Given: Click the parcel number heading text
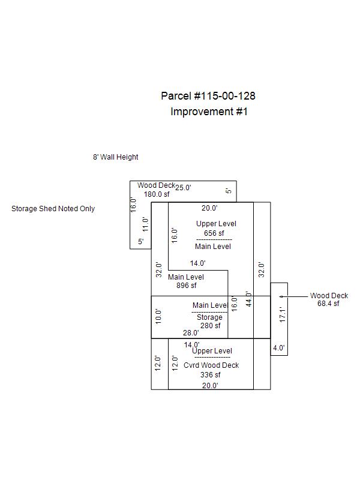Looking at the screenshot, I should pos(203,96).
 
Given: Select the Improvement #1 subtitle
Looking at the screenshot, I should pos(209,112).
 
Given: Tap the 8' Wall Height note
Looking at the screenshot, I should pos(115,157).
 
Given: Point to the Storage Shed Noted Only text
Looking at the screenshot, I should pos(53,209).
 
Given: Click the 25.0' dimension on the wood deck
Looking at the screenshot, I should pos(183,188).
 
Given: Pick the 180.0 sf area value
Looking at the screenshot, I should pos(157,194).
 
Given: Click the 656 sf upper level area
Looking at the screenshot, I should pos(214,233).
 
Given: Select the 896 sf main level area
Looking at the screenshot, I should pos(185,286).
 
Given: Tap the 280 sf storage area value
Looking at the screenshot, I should pos(210,326).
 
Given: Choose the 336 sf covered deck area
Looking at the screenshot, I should pos(210,375).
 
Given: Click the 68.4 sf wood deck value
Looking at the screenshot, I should pos(328,304).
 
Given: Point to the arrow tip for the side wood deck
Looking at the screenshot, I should pos(279,296).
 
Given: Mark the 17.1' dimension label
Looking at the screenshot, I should pos(283,315).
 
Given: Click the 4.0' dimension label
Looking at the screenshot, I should pos(279,348).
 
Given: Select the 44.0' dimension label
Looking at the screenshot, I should pos(248,299).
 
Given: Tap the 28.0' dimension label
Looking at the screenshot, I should pos(191,333).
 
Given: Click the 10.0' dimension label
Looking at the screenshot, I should pos(158,317).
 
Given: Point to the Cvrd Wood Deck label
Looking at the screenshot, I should pos(211,365).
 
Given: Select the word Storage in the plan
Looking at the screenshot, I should pos(209,317).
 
